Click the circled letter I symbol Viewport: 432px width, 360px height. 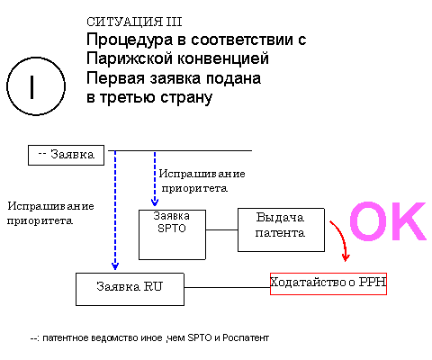click(x=36, y=86)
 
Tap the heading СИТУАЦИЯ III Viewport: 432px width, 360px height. click(x=134, y=22)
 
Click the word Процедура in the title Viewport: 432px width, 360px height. click(x=130, y=40)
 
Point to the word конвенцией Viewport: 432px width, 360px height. click(x=221, y=58)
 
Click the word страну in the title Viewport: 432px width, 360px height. click(x=186, y=98)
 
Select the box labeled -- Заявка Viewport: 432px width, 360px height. click(x=66, y=155)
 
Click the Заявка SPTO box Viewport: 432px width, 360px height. click(x=172, y=235)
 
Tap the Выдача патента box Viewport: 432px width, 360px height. click(x=281, y=229)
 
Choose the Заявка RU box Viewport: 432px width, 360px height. click(x=130, y=289)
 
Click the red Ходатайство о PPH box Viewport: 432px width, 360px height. click(x=328, y=283)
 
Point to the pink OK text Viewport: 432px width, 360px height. click(x=388, y=221)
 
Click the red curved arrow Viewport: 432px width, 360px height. click(x=342, y=237)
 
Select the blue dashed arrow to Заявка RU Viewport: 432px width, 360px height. click(x=115, y=210)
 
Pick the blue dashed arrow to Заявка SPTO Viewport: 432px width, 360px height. click(x=155, y=178)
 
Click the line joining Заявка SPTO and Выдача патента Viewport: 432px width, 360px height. click(x=221, y=230)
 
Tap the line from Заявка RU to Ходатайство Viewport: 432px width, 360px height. click(x=227, y=287)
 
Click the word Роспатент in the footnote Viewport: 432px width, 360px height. click(x=246, y=338)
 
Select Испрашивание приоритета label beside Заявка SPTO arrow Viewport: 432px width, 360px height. click(x=202, y=181)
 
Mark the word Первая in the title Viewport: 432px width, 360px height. click(x=115, y=78)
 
